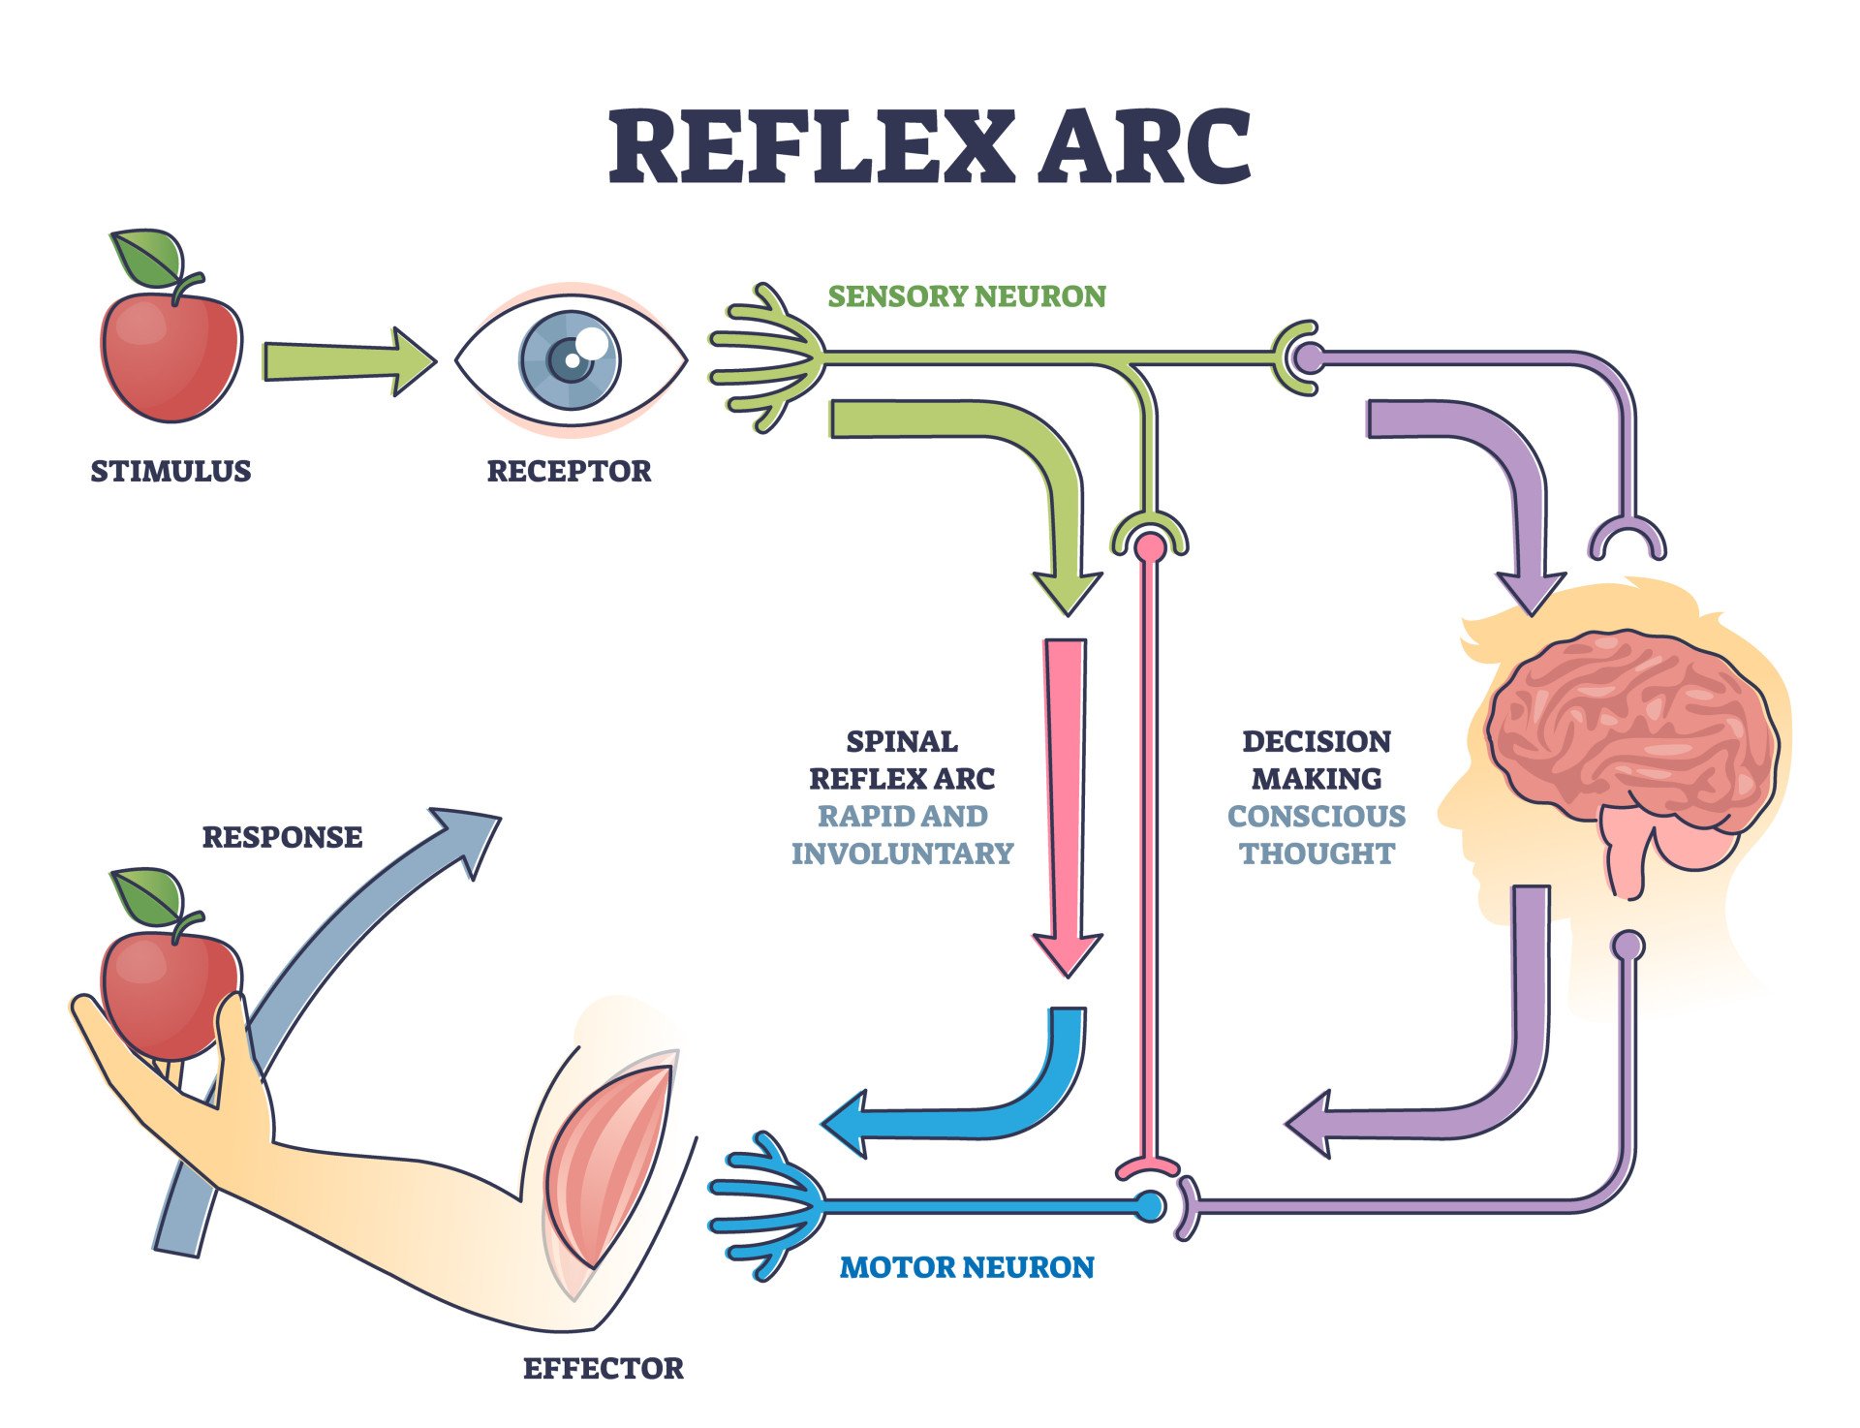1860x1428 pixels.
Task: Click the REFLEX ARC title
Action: (x=930, y=147)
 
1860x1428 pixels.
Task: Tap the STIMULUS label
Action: (x=170, y=471)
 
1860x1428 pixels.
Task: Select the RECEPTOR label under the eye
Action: (x=569, y=471)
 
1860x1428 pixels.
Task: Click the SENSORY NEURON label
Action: (x=966, y=295)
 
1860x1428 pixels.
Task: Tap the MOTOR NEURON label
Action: (x=966, y=1267)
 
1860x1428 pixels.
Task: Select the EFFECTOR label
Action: (x=603, y=1368)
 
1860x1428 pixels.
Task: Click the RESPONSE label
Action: (x=282, y=837)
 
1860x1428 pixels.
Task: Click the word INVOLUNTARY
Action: (x=901, y=854)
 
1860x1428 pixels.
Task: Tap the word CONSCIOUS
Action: (x=1316, y=816)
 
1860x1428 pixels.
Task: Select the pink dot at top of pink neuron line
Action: (x=1150, y=548)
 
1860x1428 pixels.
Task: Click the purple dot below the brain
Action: (x=1629, y=944)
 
